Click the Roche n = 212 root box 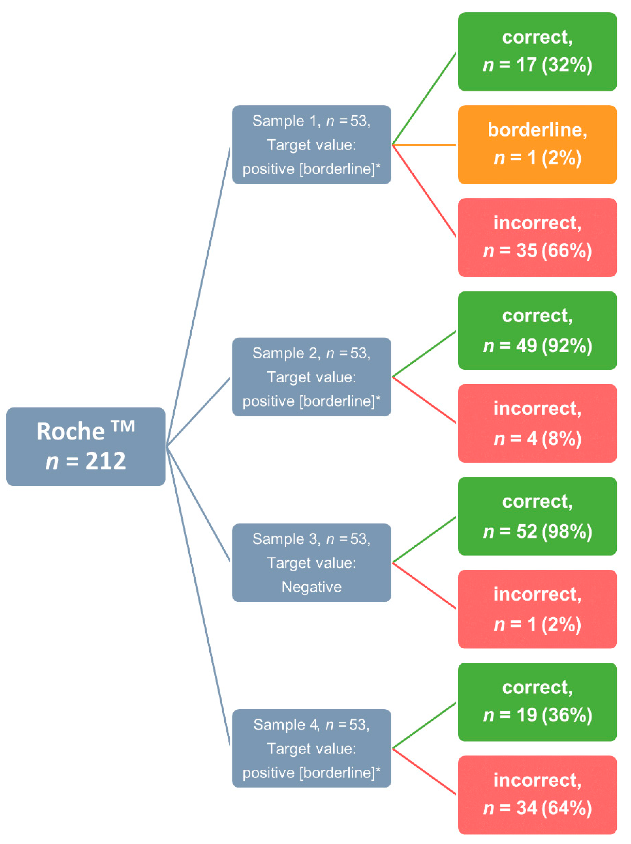click(86, 447)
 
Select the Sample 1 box click(311, 145)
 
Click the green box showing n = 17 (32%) click(537, 52)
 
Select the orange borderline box click(537, 145)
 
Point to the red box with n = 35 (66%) click(537, 237)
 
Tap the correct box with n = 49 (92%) click(537, 330)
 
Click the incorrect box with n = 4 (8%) click(537, 423)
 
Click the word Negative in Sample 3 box click(311, 587)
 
